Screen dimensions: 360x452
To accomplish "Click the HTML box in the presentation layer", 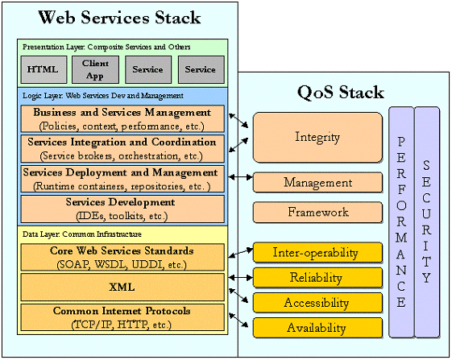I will (x=43, y=69).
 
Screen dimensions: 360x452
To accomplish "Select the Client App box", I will (x=95, y=69).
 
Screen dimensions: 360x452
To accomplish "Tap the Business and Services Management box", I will (x=121, y=119).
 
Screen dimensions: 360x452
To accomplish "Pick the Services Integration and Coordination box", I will (x=121, y=149).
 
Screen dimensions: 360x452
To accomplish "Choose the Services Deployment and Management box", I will (x=121, y=179).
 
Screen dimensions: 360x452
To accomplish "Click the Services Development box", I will (x=121, y=209).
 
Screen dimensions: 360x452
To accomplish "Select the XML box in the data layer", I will (x=121, y=287).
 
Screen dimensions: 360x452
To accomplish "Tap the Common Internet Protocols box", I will (x=121, y=317).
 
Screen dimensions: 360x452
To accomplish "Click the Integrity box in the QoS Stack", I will (x=317, y=137).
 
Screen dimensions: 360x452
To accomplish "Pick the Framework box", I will (x=317, y=213).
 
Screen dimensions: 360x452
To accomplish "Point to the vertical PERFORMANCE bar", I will (x=400, y=221).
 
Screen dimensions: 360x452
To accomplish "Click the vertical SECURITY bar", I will (x=426, y=221).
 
